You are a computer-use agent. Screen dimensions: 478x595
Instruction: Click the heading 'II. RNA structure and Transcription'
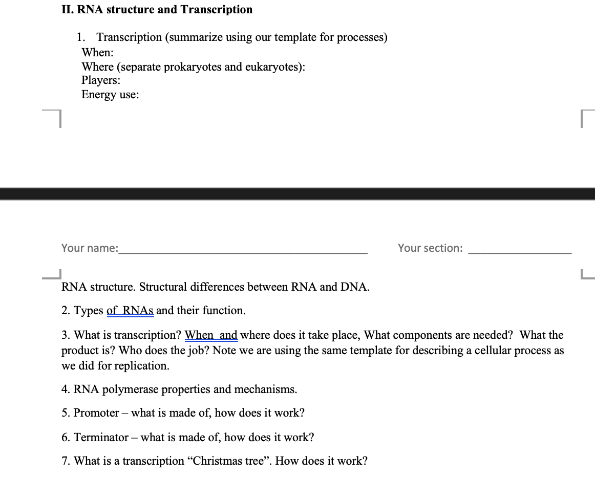[157, 10]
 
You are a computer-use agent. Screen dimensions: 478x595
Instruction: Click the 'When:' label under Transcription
[97, 52]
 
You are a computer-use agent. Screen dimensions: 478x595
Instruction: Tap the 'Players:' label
[101, 80]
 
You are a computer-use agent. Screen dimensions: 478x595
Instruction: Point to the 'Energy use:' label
[110, 95]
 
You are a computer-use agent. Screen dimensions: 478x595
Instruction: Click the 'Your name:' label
[89, 248]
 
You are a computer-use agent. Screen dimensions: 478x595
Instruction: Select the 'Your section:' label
[430, 248]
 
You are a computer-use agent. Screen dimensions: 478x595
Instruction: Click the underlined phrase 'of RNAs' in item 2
[130, 311]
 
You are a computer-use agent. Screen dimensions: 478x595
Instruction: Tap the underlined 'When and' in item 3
[211, 335]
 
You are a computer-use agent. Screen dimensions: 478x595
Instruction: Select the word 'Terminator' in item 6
[101, 438]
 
